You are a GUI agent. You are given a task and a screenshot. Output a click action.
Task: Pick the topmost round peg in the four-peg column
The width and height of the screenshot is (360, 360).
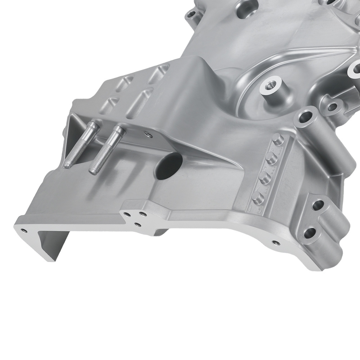(x=278, y=139)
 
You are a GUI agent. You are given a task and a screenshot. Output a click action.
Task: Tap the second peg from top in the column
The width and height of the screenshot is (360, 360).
(x=270, y=158)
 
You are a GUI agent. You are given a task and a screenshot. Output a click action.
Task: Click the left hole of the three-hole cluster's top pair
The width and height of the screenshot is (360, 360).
(x=127, y=215)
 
